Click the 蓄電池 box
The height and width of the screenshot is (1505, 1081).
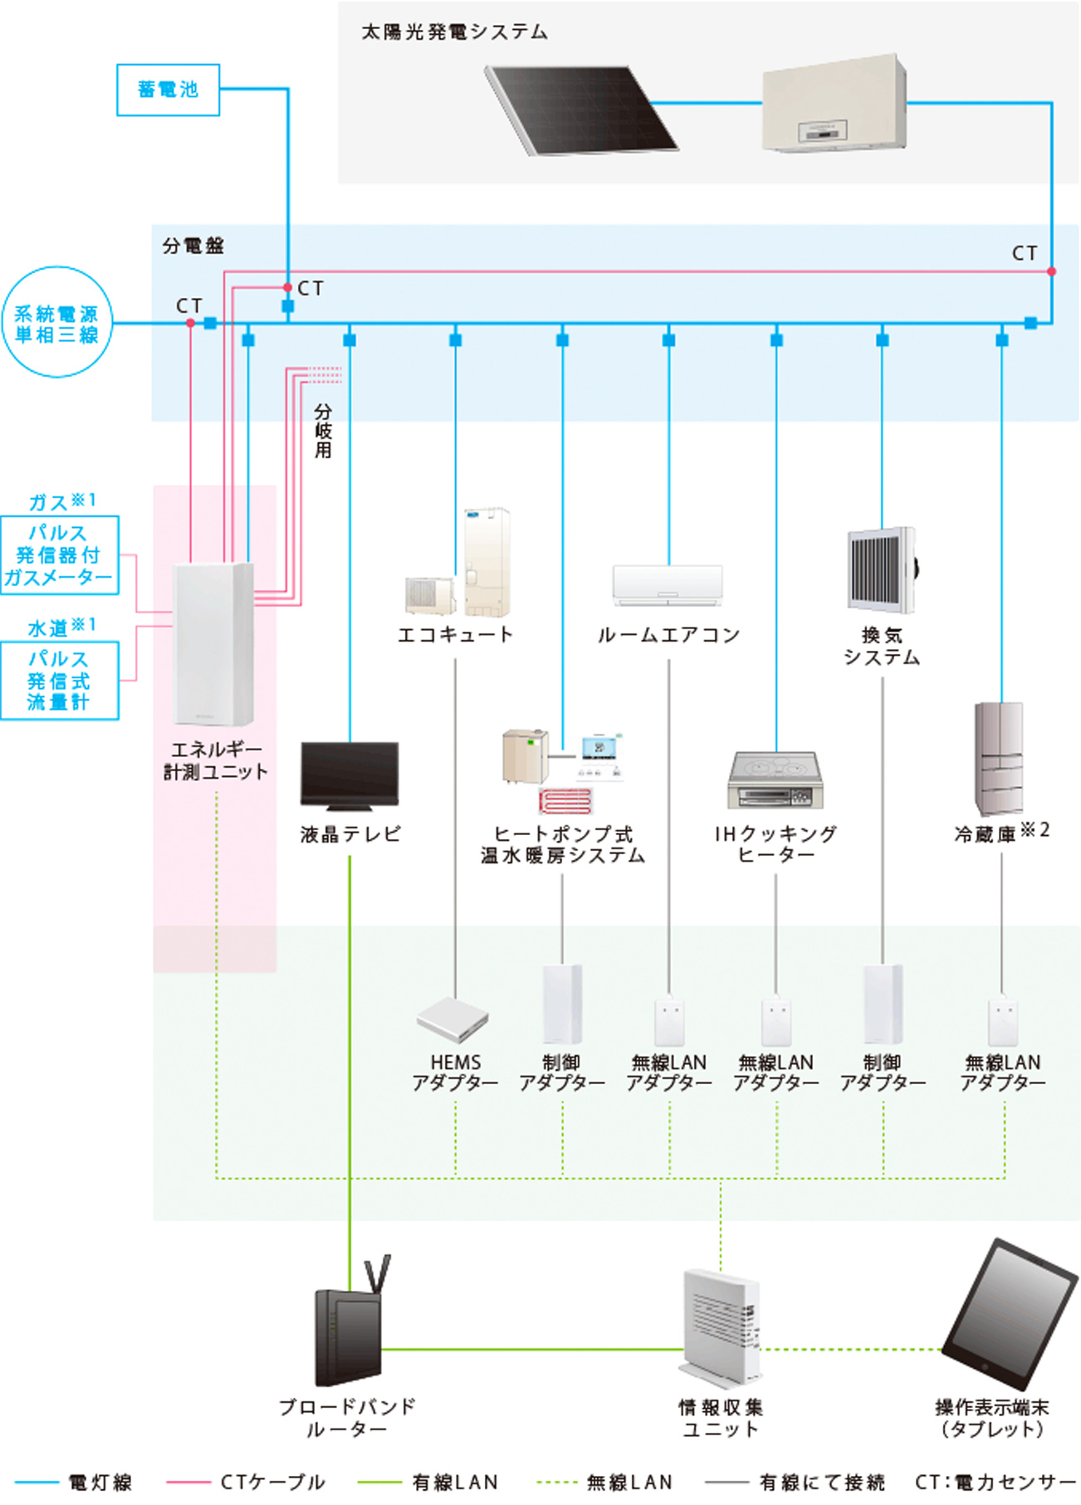click(168, 90)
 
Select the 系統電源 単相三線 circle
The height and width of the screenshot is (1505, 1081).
click(56, 323)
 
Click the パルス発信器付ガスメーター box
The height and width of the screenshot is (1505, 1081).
click(59, 555)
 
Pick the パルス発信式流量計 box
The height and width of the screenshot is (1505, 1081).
click(59, 681)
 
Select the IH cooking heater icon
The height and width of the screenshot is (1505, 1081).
click(775, 780)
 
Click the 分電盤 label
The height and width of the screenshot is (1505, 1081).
click(193, 246)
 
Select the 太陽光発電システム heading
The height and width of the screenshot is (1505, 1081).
click(454, 32)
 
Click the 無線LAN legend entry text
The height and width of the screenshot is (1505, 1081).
click(629, 1483)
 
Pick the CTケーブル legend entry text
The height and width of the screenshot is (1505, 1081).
click(272, 1483)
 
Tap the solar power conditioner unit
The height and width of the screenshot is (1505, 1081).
click(834, 105)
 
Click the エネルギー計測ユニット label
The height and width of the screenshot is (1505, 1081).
click(216, 760)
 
